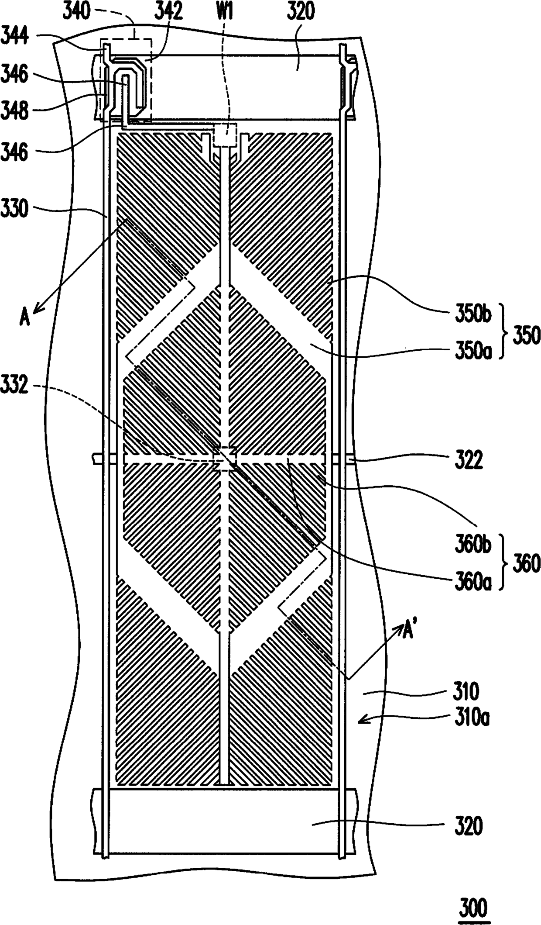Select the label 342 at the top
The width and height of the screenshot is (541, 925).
tap(168, 11)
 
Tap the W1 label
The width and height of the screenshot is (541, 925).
tap(225, 11)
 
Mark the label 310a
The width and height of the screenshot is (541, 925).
tap(470, 718)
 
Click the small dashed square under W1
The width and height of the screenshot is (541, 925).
tap(225, 135)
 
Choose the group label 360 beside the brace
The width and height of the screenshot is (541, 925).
tap(526, 564)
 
